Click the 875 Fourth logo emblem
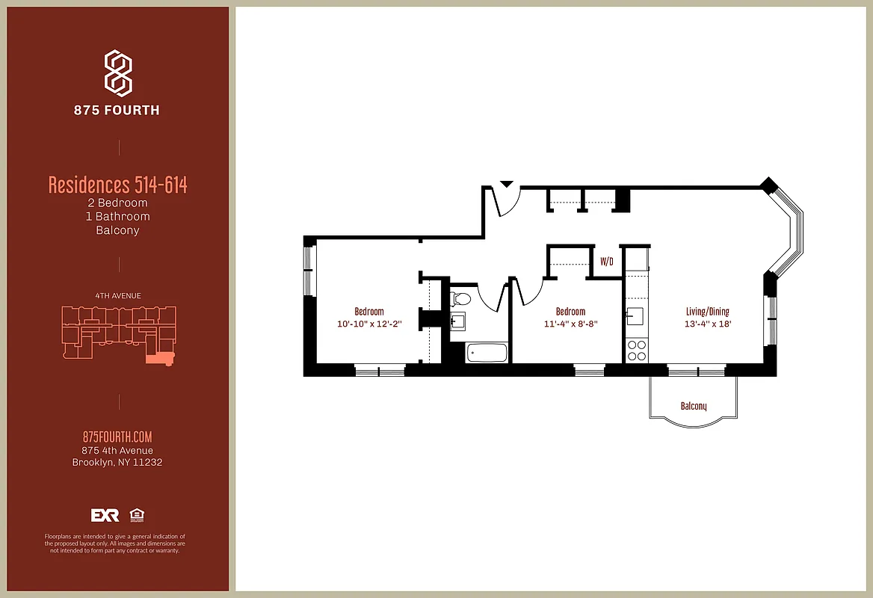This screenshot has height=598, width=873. point(118,73)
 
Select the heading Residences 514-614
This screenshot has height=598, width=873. point(117,185)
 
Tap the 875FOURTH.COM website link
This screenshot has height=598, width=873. point(117,437)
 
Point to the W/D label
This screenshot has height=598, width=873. point(606,262)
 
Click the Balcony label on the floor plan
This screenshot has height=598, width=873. point(693,406)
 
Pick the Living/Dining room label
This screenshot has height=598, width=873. point(707,312)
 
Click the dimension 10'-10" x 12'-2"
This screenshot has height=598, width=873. point(369,324)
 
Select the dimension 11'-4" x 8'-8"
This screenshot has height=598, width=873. point(570,324)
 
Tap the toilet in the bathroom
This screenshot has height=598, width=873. point(461,300)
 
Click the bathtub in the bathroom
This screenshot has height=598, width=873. point(487,352)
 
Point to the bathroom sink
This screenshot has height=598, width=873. point(457,321)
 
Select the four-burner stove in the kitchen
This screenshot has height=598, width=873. point(636,351)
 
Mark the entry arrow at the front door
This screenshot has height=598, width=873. point(506,183)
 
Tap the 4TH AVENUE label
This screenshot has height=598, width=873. point(117,295)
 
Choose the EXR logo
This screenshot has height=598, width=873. point(105,515)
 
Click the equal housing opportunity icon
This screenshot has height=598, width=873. point(137,515)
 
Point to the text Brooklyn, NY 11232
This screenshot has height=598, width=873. point(117,462)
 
